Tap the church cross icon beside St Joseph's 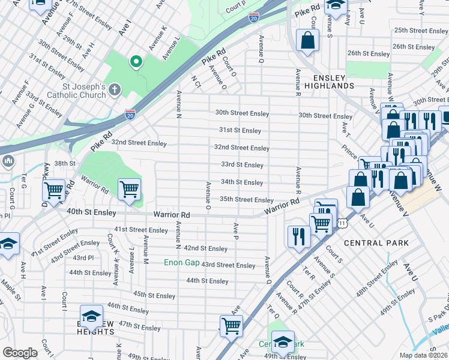(114, 89)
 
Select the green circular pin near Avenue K (136, 61)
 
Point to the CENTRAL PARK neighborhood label (376, 243)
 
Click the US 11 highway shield (342, 223)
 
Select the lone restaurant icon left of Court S (297, 236)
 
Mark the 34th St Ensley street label (242, 182)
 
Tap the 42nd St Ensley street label (205, 248)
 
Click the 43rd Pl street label (83, 257)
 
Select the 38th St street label (65, 163)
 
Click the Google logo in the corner (20, 353)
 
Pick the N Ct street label (195, 82)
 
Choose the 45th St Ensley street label (154, 295)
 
